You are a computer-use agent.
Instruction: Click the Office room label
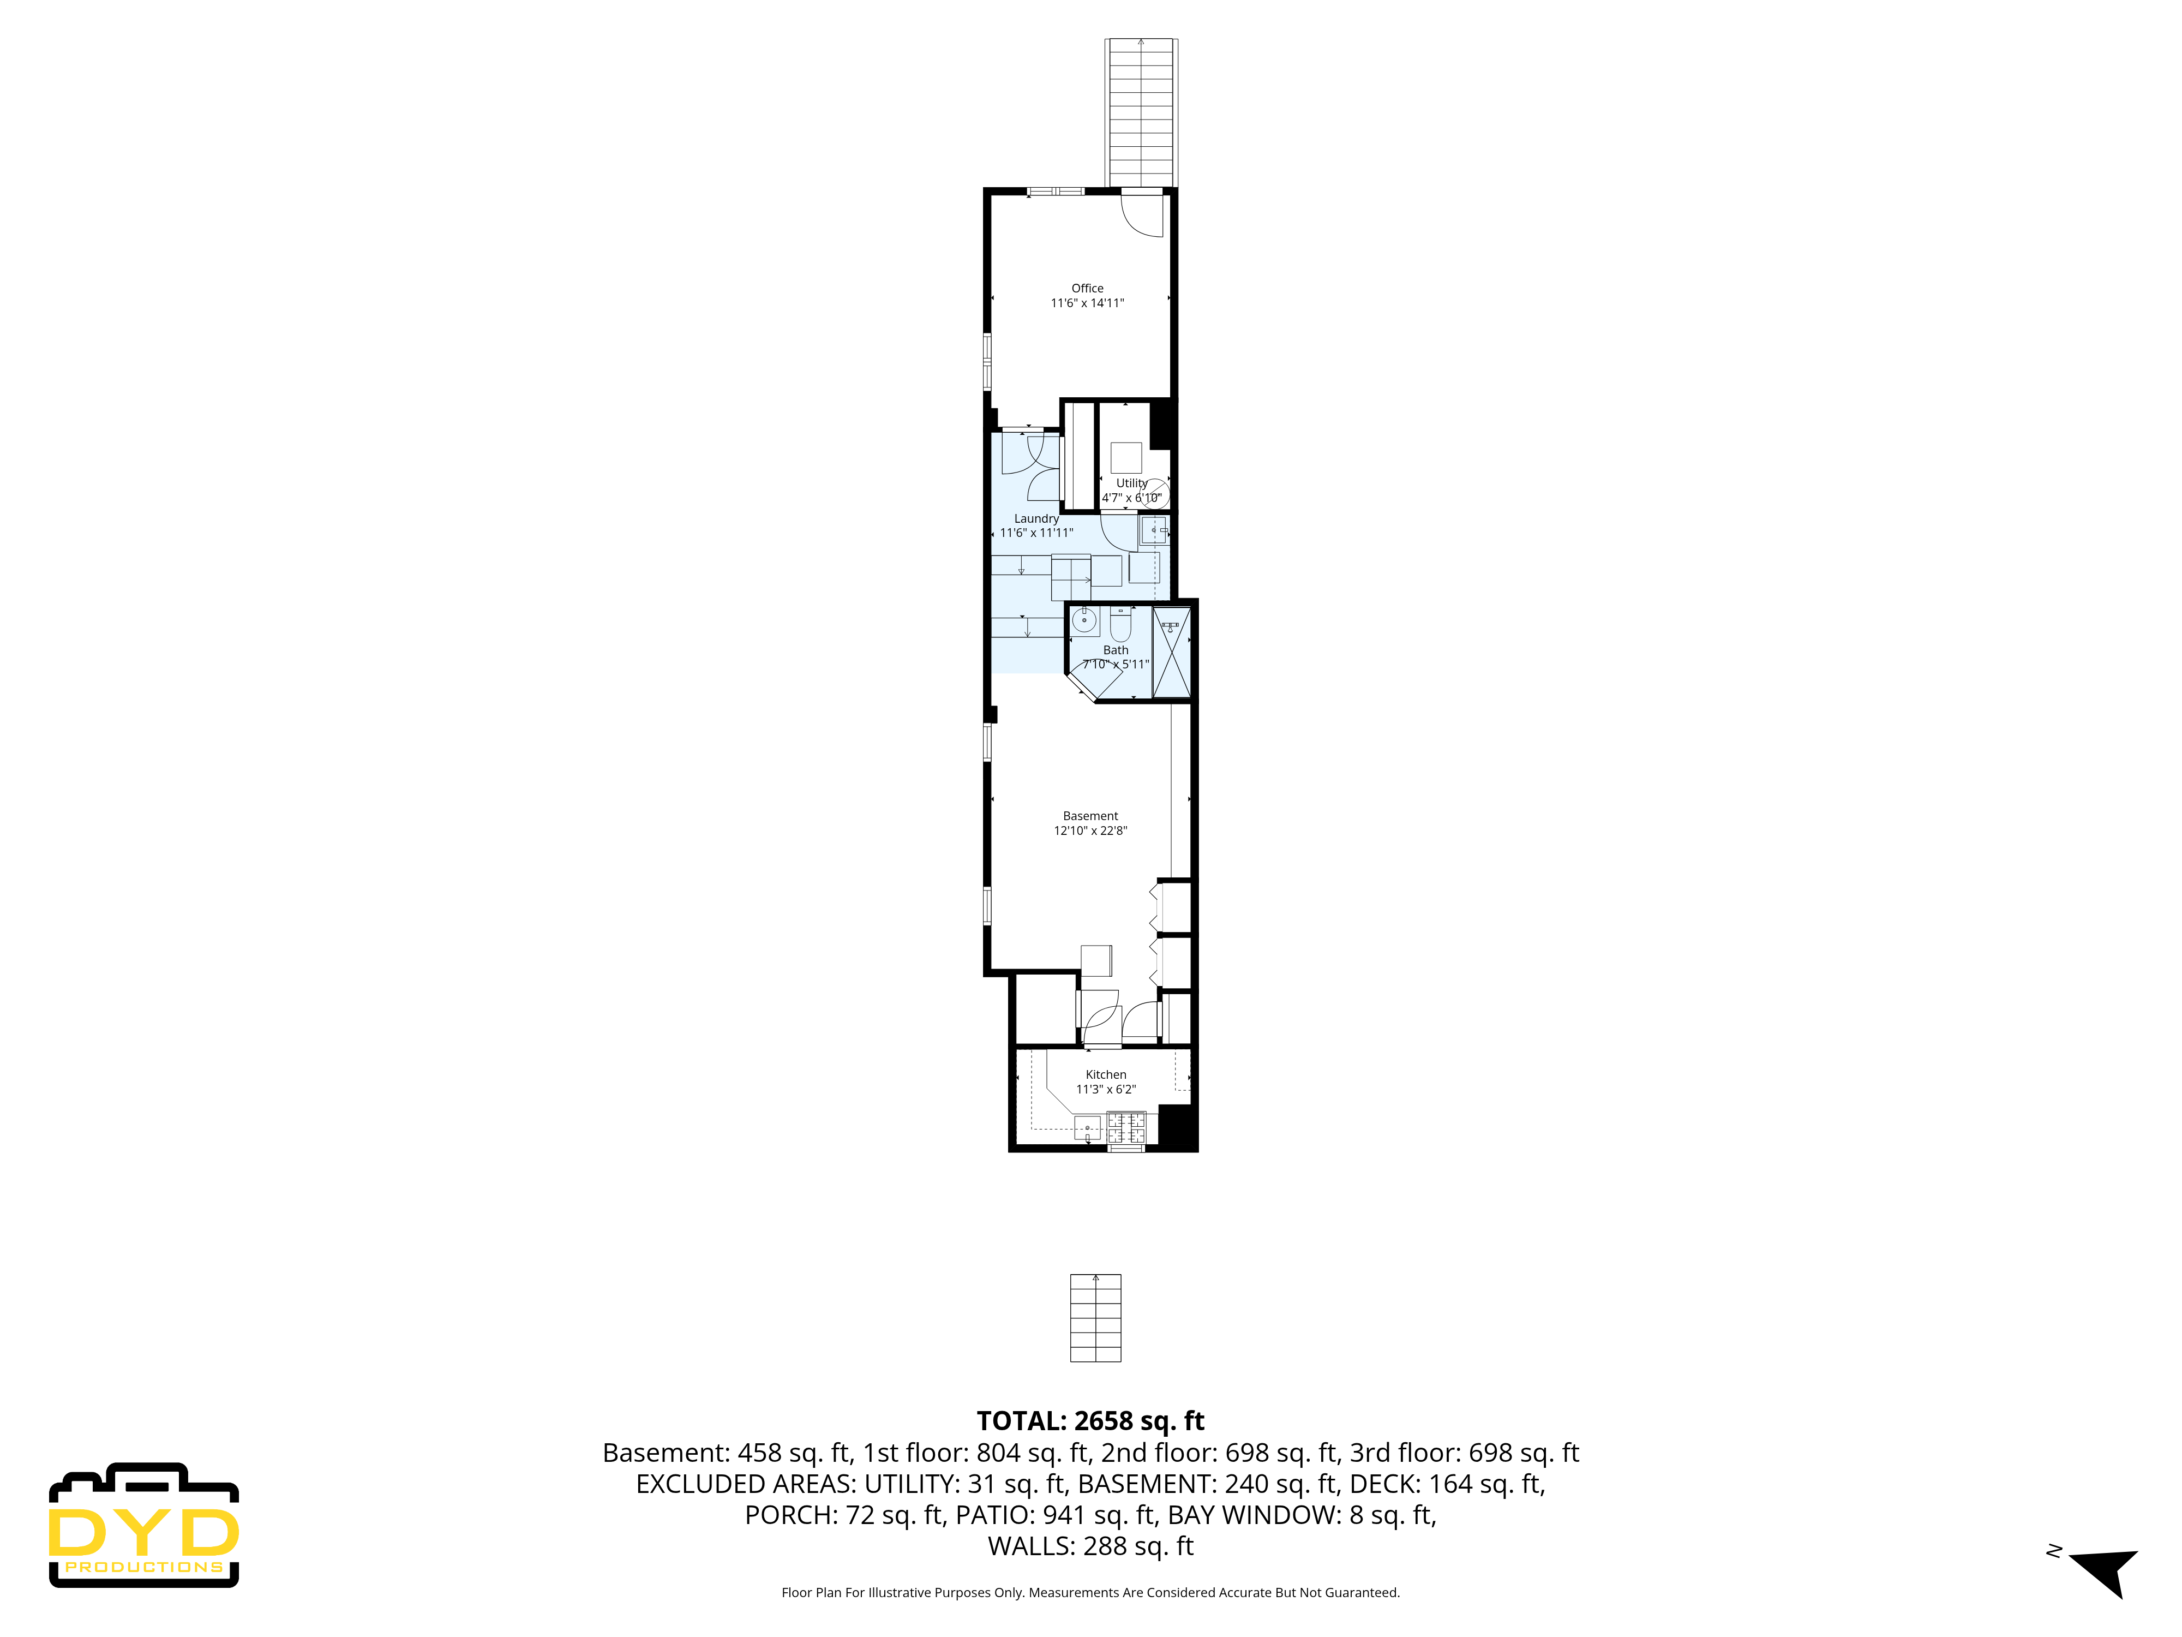(x=1087, y=288)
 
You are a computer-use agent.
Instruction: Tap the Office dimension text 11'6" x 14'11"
(x=1087, y=303)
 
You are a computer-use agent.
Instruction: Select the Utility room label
(x=1131, y=482)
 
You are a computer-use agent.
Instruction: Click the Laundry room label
(x=1036, y=518)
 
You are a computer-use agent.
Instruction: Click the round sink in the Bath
(x=1084, y=620)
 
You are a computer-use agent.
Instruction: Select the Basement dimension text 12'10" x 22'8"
(x=1090, y=831)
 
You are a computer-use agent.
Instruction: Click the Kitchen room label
(x=1106, y=1074)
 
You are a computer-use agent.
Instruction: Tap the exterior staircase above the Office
(x=1141, y=111)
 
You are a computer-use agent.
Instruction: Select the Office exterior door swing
(x=1144, y=217)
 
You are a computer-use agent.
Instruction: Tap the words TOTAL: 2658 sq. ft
(x=1090, y=1421)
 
